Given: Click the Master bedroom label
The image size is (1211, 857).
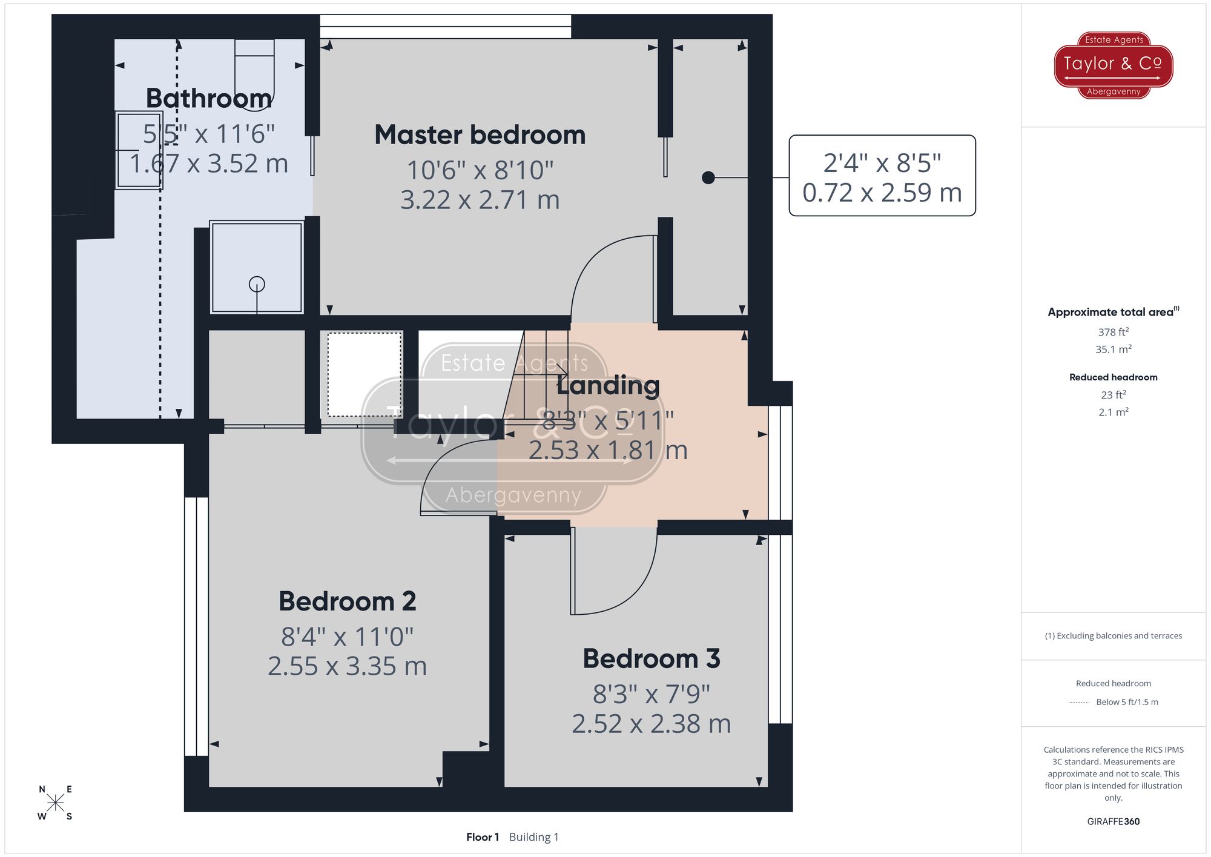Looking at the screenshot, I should [x=480, y=135].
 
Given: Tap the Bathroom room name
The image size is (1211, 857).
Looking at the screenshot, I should [x=209, y=99].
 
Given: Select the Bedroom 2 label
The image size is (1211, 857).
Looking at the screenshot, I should [x=347, y=601].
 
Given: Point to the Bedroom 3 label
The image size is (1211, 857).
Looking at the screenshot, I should [x=652, y=659].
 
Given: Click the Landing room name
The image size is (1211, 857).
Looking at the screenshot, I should [x=608, y=385].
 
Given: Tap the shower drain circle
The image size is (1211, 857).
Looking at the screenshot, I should [x=257, y=283].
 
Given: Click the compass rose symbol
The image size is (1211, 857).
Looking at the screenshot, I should [x=55, y=803].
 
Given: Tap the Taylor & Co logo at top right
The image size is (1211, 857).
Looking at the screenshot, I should [x=1113, y=65].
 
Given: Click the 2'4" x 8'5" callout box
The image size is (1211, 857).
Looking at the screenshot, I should [x=882, y=176].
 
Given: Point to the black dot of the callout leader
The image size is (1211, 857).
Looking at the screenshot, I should [x=708, y=177].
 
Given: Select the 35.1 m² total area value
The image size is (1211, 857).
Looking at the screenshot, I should [x=1113, y=349].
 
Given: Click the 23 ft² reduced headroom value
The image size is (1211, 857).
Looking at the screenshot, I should [x=1113, y=395].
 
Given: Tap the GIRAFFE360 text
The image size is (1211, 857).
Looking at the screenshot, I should [x=1113, y=821].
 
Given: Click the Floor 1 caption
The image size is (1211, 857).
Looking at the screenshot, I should [x=482, y=837].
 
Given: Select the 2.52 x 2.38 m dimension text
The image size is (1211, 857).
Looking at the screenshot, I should [x=651, y=724].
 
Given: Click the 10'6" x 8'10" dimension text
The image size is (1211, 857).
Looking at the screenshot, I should [x=480, y=170].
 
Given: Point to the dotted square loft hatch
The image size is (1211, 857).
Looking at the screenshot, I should [x=365, y=374].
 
